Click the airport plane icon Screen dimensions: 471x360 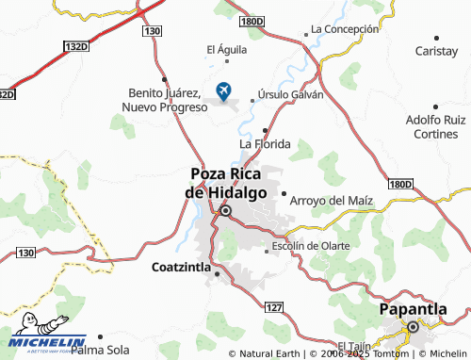click(x=224, y=90)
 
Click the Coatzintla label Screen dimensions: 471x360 click(x=182, y=267)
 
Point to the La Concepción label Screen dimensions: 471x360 click(x=344, y=28)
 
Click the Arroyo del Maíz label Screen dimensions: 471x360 click(x=332, y=202)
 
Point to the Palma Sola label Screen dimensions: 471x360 click(x=100, y=350)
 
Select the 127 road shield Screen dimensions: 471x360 click(x=273, y=308)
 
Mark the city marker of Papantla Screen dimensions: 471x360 click(x=412, y=327)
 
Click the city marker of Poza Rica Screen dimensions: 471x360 click(x=225, y=210)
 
